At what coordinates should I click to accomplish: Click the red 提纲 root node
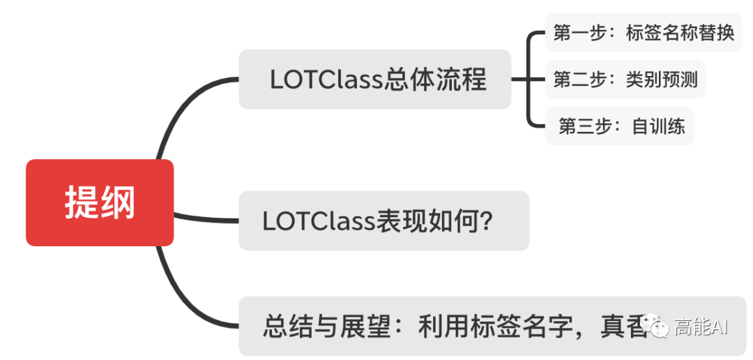tap(100, 202)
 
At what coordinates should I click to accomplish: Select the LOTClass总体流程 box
tap(375, 80)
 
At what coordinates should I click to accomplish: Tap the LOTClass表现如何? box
tap(383, 220)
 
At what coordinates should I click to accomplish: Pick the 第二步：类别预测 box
tap(625, 80)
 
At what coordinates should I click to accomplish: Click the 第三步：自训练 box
tap(620, 126)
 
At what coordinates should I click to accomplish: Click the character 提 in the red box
tap(81, 203)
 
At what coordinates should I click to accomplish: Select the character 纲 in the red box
tap(118, 203)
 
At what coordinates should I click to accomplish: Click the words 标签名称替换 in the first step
tap(680, 33)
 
